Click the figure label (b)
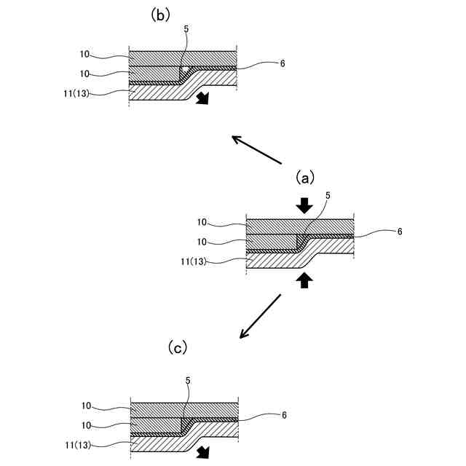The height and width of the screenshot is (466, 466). pyautogui.click(x=160, y=15)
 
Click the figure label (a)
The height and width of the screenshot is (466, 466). pyautogui.click(x=305, y=178)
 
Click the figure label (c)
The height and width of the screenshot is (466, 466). pyautogui.click(x=178, y=347)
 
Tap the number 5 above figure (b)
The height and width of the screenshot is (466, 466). pyautogui.click(x=186, y=29)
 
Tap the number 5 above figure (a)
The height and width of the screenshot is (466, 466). pyautogui.click(x=328, y=196)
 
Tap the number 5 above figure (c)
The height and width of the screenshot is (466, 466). pyautogui.click(x=188, y=381)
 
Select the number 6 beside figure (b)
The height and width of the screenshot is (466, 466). pyautogui.click(x=283, y=63)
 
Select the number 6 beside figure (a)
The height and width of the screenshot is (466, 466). pyautogui.click(x=400, y=232)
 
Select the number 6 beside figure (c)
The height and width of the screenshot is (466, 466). pyautogui.click(x=284, y=415)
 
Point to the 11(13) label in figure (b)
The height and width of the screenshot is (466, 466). pyautogui.click(x=76, y=94)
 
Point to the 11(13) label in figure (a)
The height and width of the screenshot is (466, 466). pyautogui.click(x=194, y=261)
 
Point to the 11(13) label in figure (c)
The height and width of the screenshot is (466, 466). pyautogui.click(x=78, y=445)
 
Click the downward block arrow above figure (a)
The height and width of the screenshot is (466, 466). pyautogui.click(x=304, y=205)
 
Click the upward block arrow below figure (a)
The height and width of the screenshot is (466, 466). pyautogui.click(x=304, y=280)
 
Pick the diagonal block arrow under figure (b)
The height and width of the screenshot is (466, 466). pyautogui.click(x=203, y=98)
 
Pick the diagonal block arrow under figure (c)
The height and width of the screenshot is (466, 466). pyautogui.click(x=203, y=452)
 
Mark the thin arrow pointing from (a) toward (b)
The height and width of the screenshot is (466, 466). pyautogui.click(x=256, y=149)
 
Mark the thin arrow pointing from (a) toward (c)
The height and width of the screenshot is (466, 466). pyautogui.click(x=260, y=316)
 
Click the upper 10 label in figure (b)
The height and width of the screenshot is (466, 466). pyautogui.click(x=84, y=54)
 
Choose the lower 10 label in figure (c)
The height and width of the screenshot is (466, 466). pyautogui.click(x=86, y=425)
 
